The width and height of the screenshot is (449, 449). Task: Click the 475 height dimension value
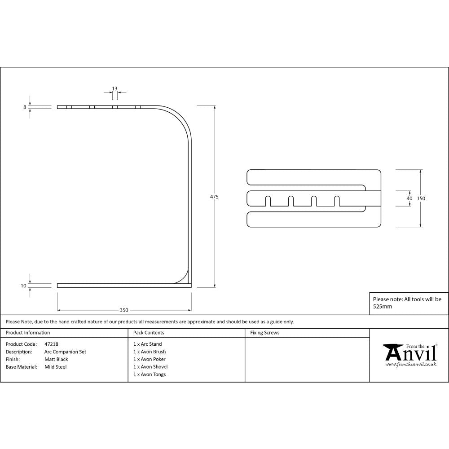point(214,197)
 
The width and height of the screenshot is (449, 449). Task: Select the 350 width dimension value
point(124,310)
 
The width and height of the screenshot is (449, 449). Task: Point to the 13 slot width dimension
point(115,88)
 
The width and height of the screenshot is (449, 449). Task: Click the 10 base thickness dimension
point(23,285)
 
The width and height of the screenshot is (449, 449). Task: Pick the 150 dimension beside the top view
point(421,198)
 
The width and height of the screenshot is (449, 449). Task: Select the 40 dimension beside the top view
point(409,198)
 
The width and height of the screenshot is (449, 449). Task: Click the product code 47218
point(51,344)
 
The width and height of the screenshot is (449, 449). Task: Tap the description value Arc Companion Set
point(65,352)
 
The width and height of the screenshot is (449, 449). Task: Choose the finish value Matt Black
point(56,359)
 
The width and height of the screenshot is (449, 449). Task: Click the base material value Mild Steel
point(55,367)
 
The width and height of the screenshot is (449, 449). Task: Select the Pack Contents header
point(149,333)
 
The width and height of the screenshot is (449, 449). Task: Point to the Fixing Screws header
point(264,333)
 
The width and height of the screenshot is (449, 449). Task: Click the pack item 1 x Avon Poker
point(149,359)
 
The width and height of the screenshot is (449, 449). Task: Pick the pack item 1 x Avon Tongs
point(150,374)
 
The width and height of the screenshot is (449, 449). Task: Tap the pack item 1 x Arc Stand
point(147,344)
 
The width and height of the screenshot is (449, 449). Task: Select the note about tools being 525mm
point(407,303)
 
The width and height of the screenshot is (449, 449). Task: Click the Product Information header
point(28,333)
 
